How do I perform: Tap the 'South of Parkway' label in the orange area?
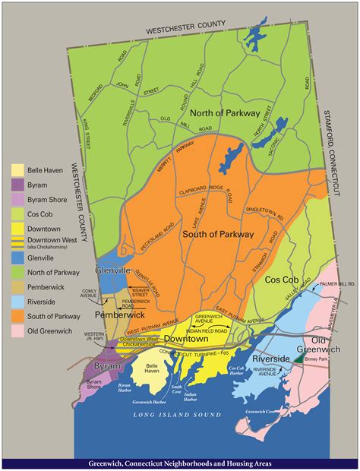point(217,235)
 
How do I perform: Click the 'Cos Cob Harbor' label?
point(238,371)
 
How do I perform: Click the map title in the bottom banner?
point(180,463)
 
